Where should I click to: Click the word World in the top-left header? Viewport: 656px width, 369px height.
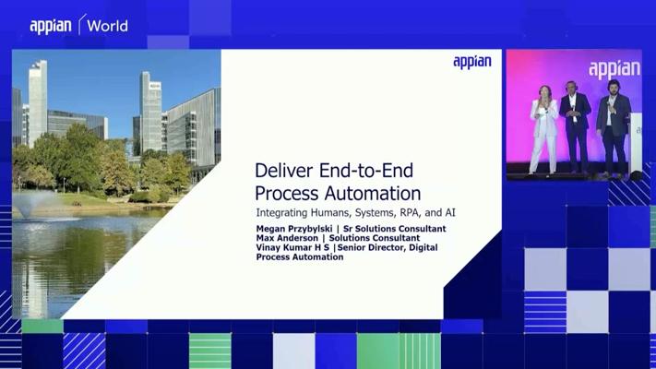tap(108, 27)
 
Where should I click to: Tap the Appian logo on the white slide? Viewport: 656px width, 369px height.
tap(472, 62)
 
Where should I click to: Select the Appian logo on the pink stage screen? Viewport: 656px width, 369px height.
tap(614, 69)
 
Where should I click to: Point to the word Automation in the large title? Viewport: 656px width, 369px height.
tap(373, 194)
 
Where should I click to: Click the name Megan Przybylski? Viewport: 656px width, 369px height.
tap(294, 229)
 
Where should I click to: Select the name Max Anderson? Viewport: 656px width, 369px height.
tap(287, 238)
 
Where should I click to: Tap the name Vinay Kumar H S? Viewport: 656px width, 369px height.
tap(292, 247)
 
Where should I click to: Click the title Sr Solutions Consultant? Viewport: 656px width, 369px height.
tap(395, 229)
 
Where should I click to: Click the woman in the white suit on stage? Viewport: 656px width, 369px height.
tap(543, 129)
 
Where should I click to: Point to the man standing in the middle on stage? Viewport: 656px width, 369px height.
tap(575, 126)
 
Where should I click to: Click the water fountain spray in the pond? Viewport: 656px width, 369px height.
tap(32, 204)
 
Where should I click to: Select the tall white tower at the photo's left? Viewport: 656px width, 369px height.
tap(38, 102)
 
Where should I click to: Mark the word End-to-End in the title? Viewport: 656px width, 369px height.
tap(366, 171)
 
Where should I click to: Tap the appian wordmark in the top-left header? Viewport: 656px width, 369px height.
tap(51, 27)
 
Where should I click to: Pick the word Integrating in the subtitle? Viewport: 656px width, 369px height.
tap(281, 213)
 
